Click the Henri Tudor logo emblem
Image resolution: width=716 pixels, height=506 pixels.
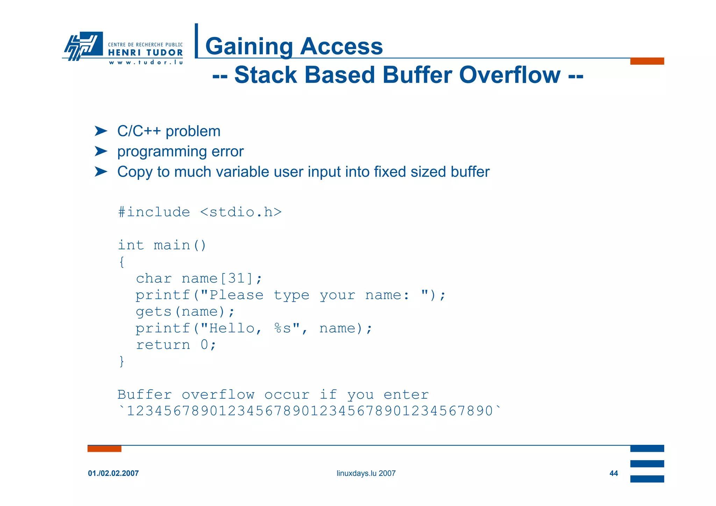coord(83,45)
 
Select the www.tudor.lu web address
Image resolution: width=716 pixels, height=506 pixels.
coord(146,63)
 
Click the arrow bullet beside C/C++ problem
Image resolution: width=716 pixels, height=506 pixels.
coord(101,131)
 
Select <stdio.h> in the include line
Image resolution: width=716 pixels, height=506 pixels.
coord(241,212)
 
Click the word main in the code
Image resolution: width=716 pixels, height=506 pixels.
coord(172,245)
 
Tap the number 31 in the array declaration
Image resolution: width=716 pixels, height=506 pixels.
coord(236,278)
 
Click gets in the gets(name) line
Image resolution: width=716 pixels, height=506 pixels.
coord(153,311)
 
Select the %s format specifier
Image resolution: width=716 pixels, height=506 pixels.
coord(282,328)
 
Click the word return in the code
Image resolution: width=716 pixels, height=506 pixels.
coord(163,344)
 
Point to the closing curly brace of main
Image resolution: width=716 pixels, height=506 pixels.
coord(121,361)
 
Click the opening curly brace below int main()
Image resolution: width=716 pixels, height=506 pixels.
coord(121,262)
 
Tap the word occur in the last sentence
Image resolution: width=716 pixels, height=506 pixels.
coord(287,394)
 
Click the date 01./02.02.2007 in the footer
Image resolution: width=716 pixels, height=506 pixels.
coord(113,473)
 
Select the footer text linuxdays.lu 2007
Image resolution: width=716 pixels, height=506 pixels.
coord(366,473)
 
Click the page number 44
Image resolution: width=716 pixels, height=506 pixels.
coord(614,473)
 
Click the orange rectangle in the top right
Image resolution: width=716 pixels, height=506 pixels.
coord(647,61)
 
